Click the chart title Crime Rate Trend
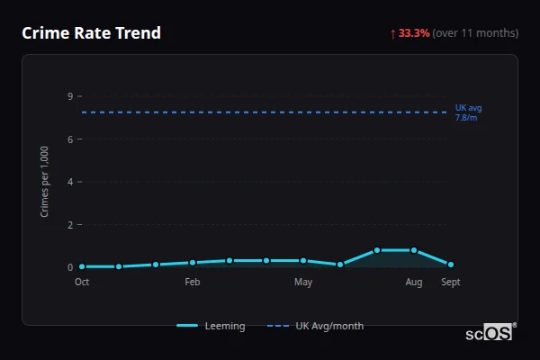pyautogui.click(x=91, y=33)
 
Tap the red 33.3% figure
pyautogui.click(x=414, y=33)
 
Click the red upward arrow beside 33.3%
pyautogui.click(x=392, y=33)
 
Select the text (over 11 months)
pyautogui.click(x=475, y=33)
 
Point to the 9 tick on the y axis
pyautogui.click(x=70, y=96)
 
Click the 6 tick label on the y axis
pyautogui.click(x=70, y=139)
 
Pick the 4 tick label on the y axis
pyautogui.click(x=70, y=182)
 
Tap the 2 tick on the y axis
pyautogui.click(x=70, y=224)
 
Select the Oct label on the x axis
pyautogui.click(x=82, y=282)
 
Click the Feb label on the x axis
pyautogui.click(x=193, y=282)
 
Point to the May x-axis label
pyautogui.click(x=303, y=282)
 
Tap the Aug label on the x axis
pyautogui.click(x=414, y=282)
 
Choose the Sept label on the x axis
pyautogui.click(x=451, y=282)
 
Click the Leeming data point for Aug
pyautogui.click(x=414, y=250)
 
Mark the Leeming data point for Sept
pyautogui.click(x=451, y=265)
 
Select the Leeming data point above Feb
pyautogui.click(x=193, y=263)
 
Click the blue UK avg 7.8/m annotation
pyautogui.click(x=468, y=112)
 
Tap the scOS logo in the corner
pyautogui.click(x=490, y=332)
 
